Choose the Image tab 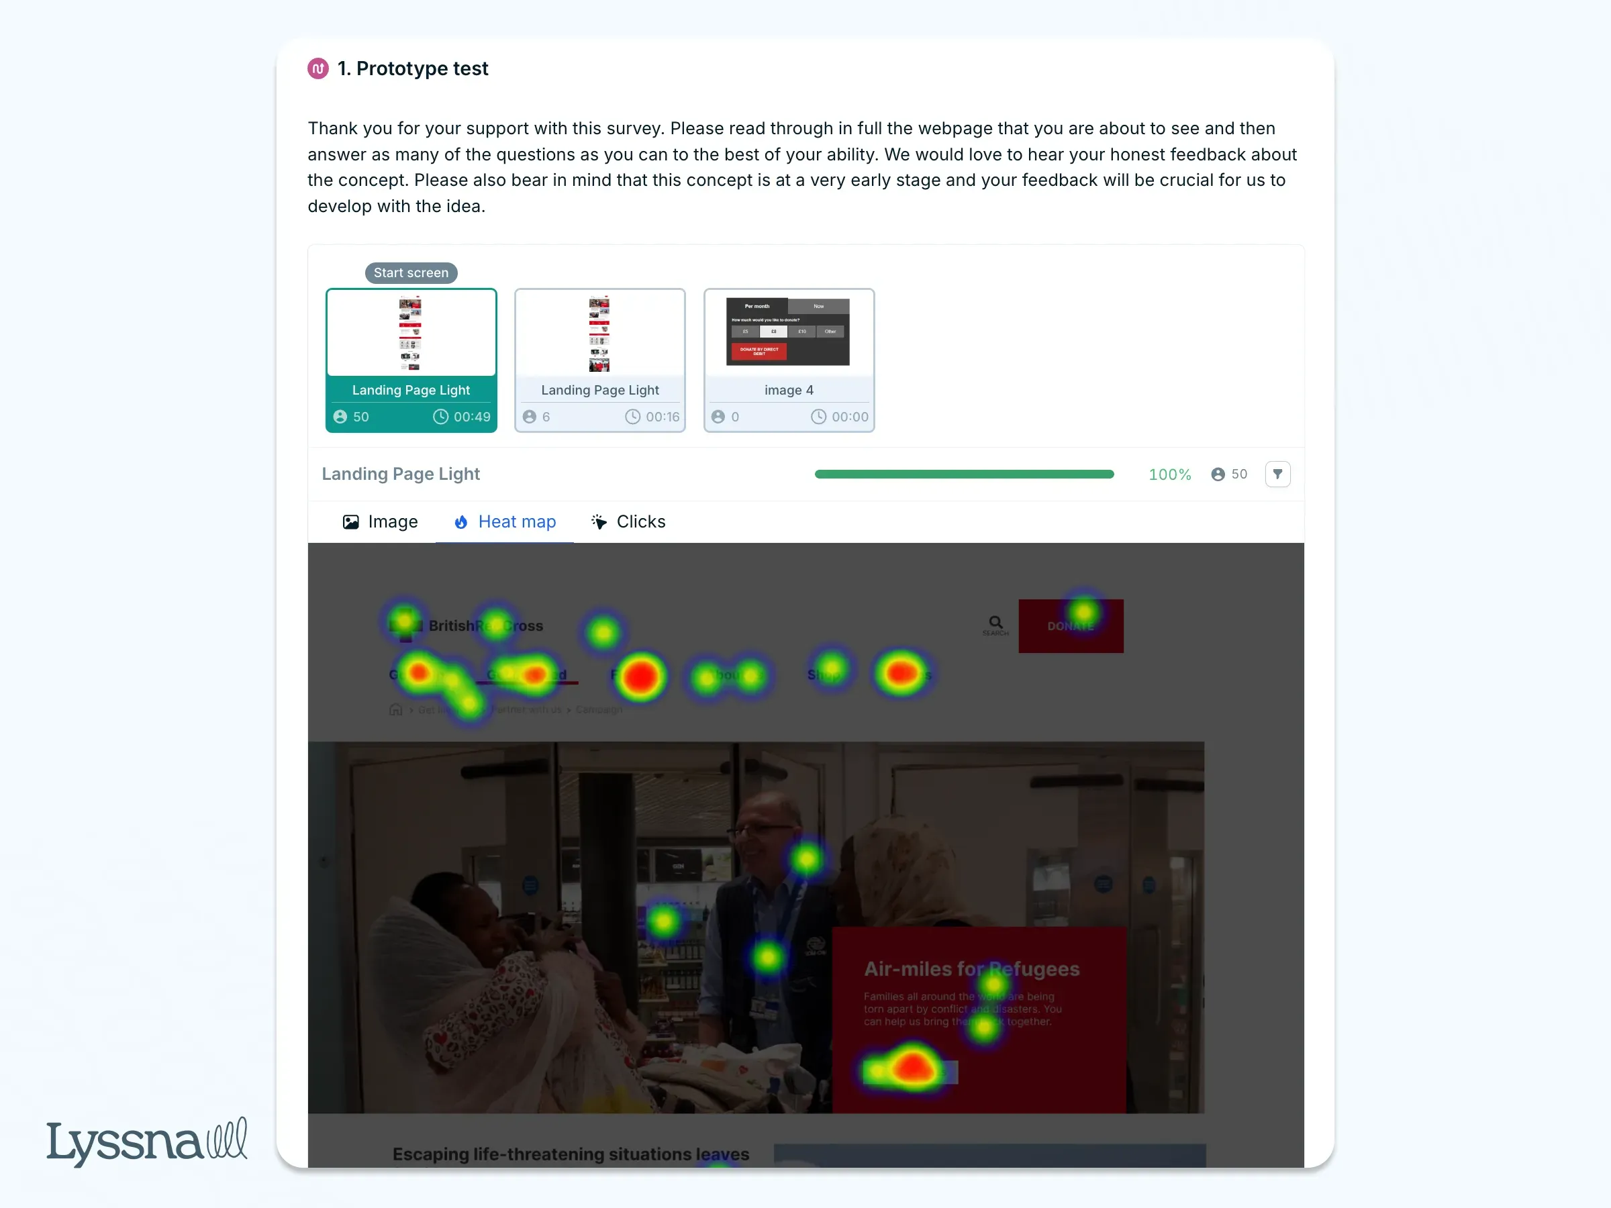tap(380, 522)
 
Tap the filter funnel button tap(1277, 474)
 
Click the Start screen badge tap(411, 273)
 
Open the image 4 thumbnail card tap(789, 360)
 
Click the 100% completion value tap(1169, 474)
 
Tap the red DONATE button tap(1071, 626)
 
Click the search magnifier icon tap(995, 623)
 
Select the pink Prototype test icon tap(318, 68)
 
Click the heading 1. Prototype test tap(413, 68)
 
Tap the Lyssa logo tap(146, 1141)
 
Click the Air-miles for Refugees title tap(971, 969)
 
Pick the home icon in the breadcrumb tap(395, 709)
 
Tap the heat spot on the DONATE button tap(1083, 611)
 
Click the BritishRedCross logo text tap(486, 625)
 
